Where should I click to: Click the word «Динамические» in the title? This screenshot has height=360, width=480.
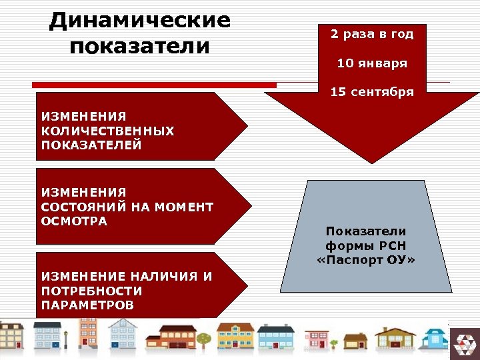click(139, 19)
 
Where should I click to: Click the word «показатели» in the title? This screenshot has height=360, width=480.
click(139, 47)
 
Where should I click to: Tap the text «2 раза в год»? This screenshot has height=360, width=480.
click(372, 34)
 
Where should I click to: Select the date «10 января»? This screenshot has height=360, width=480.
click(372, 63)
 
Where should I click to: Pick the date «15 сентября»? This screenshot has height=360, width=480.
click(372, 92)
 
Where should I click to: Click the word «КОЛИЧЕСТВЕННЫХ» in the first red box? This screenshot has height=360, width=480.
click(107, 131)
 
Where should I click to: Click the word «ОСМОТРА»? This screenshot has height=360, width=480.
click(74, 221)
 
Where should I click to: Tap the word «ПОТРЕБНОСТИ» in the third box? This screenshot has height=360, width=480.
click(91, 291)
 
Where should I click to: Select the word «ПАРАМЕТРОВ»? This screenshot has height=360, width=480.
click(87, 305)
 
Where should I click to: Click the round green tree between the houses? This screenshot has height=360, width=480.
click(204, 339)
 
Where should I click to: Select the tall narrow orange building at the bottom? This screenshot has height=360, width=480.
click(87, 333)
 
